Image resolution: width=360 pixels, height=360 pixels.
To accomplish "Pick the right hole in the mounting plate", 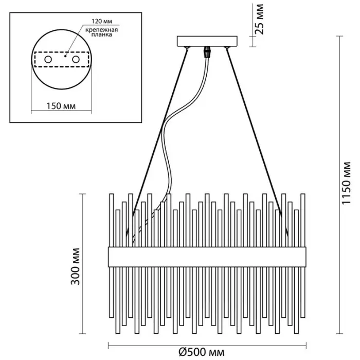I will (x=77, y=60).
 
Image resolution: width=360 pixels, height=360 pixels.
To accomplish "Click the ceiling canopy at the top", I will (x=208, y=41).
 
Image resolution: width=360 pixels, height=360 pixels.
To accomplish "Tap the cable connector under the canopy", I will (x=208, y=52).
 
